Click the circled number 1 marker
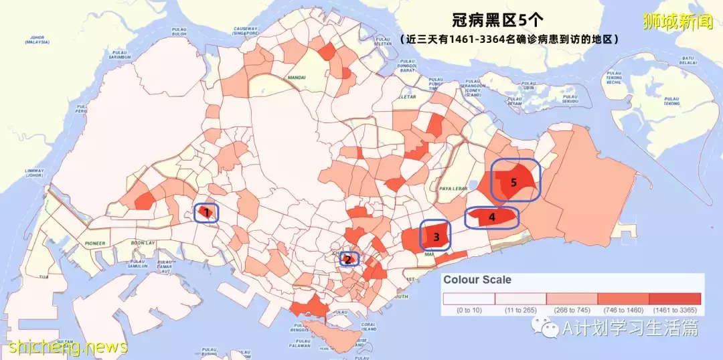tap(207, 213)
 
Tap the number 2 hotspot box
tap(348, 259)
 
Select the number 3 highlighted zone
tap(435, 236)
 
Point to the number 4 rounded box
tap(492, 217)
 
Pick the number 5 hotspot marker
tap(514, 181)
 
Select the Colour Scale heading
tap(477, 280)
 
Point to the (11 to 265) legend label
tap(521, 310)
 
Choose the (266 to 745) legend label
tap(572, 310)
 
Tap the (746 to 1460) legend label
tap(623, 310)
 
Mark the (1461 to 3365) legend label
tap(675, 310)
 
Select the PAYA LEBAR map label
tap(451, 189)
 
